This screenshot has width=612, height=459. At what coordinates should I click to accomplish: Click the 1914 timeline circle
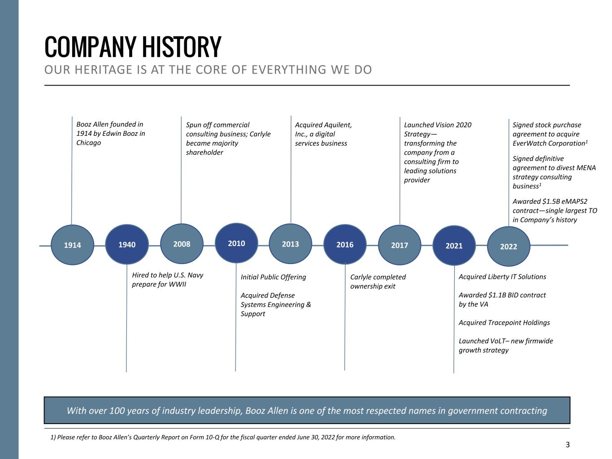[x=72, y=245]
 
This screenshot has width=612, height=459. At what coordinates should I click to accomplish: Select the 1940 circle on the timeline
[x=127, y=245]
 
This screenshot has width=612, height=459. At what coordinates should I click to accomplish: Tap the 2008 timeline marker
[x=182, y=244]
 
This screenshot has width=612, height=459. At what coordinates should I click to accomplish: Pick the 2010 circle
[x=236, y=243]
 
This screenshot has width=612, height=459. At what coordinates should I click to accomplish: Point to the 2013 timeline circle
[x=291, y=244]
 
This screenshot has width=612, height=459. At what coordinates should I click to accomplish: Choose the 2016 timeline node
[x=345, y=245]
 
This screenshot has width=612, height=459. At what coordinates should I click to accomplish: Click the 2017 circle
[x=399, y=245]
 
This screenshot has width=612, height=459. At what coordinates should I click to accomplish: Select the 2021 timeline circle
[x=454, y=246]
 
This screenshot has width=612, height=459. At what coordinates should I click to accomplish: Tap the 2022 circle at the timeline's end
[x=508, y=246]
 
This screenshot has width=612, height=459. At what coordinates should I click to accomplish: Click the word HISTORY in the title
[x=182, y=46]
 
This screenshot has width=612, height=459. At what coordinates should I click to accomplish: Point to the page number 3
[x=568, y=445]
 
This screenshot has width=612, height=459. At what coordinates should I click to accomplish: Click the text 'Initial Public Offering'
[x=273, y=277]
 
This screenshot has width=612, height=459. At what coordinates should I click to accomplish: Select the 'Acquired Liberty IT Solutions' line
[x=502, y=277]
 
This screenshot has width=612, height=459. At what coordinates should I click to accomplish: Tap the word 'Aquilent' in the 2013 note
[x=338, y=125]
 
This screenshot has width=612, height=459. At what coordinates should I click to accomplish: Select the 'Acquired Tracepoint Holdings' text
[x=504, y=322]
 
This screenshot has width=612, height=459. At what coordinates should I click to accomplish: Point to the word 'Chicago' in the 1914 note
[x=89, y=143]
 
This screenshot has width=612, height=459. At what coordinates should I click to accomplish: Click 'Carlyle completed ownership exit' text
[x=378, y=281]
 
